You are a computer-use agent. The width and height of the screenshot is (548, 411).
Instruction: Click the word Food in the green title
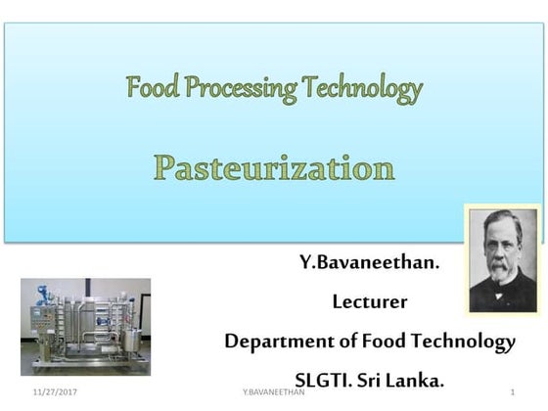pyautogui.click(x=151, y=89)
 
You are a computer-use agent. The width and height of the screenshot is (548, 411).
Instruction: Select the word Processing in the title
pyautogui.click(x=239, y=90)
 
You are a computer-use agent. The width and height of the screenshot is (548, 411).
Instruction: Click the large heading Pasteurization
pyautogui.click(x=274, y=167)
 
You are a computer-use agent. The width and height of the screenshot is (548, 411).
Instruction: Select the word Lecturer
pyautogui.click(x=370, y=301)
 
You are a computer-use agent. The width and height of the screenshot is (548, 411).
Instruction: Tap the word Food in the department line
pyautogui.click(x=384, y=341)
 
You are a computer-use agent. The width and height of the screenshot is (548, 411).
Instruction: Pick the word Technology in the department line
pyautogui.click(x=467, y=342)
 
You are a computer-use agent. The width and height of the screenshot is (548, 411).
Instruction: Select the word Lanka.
pyautogui.click(x=415, y=380)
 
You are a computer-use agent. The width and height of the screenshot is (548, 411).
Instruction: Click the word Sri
pyautogui.click(x=373, y=380)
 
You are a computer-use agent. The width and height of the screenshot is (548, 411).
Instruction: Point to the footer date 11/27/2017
pyautogui.click(x=55, y=391)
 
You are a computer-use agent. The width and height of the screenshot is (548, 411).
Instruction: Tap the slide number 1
pyautogui.click(x=512, y=391)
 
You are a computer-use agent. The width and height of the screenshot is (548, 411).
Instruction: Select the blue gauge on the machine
pyautogui.click(x=42, y=292)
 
